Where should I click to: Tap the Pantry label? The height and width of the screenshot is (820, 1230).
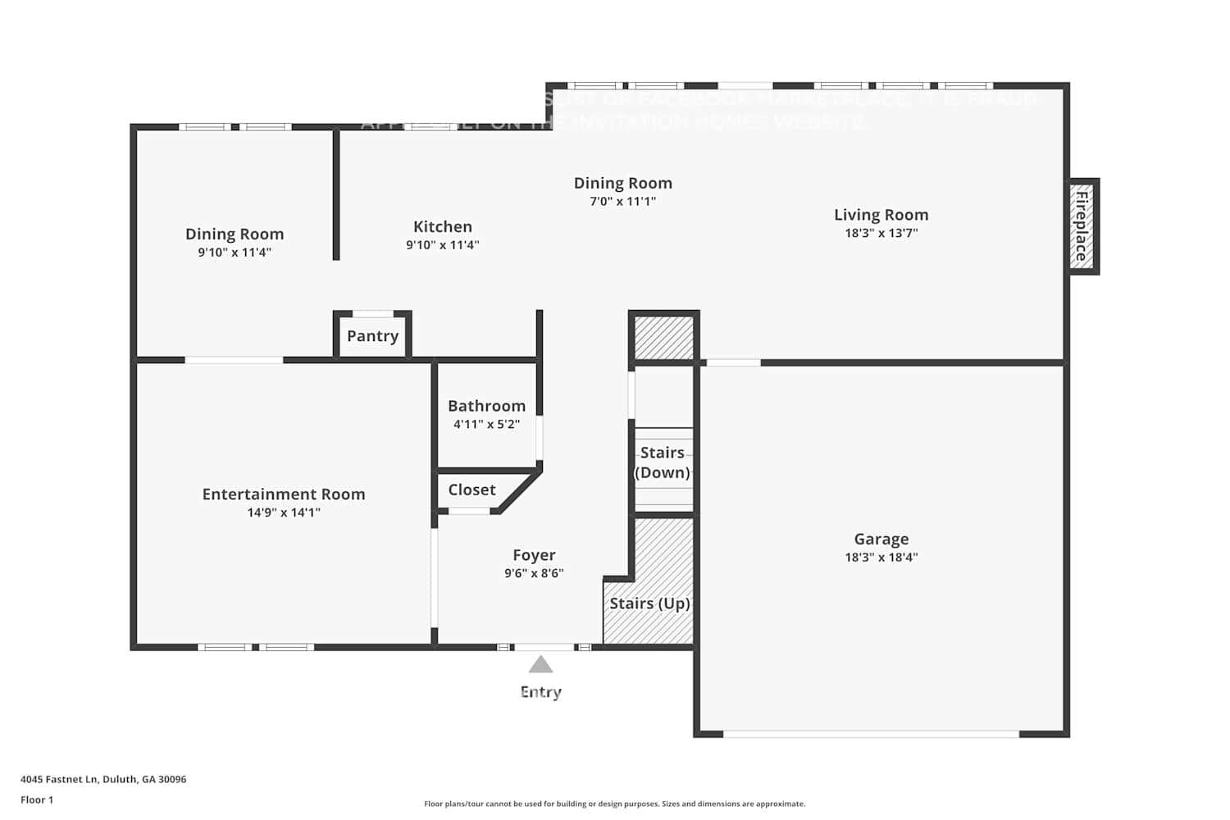372,336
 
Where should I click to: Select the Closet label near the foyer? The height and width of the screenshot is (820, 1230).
471,490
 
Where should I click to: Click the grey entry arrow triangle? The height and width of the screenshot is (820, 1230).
540,664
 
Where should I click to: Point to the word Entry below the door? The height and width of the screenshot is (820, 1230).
540,692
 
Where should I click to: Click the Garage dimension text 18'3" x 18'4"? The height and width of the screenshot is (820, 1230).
881,558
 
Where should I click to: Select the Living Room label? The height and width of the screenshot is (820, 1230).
881,215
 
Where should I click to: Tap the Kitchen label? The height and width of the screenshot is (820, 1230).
442,227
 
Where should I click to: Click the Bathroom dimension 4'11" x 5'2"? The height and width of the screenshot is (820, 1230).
486,425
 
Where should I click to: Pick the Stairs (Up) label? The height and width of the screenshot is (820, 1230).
649,604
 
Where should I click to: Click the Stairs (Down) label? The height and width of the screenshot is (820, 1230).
663,462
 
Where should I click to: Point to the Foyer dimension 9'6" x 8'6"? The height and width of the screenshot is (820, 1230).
534,574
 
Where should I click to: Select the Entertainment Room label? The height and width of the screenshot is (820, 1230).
284,494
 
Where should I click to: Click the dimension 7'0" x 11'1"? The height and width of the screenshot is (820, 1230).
622,202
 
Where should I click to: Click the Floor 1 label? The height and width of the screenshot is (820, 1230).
37,800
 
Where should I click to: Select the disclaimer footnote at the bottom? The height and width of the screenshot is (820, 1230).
614,804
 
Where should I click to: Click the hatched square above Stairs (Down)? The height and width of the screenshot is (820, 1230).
663,338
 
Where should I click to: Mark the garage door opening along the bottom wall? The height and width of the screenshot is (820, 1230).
871,734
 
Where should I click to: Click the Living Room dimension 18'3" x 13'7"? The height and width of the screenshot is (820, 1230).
881,234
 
